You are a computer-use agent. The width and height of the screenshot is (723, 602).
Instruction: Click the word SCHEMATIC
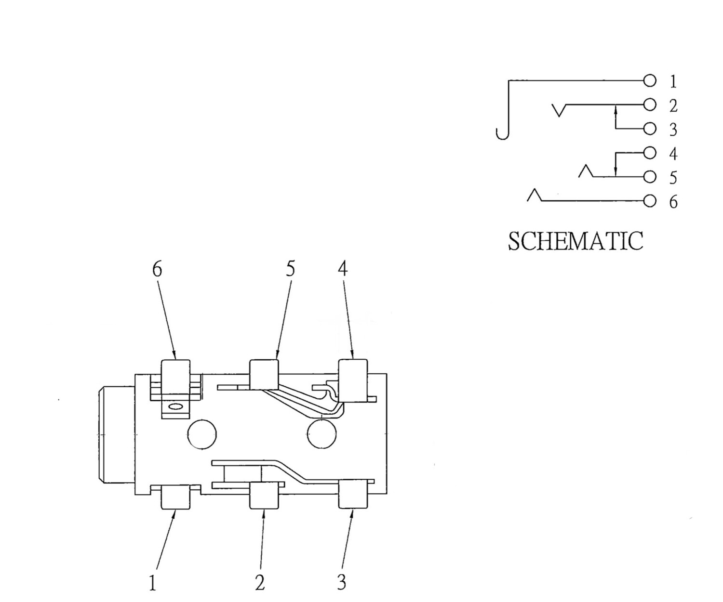tap(575, 241)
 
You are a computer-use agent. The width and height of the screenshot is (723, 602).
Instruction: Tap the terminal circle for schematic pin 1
tap(650, 81)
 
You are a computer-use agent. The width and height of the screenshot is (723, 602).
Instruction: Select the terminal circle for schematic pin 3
tap(650, 129)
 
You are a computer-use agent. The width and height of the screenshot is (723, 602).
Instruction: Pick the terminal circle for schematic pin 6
tap(650, 201)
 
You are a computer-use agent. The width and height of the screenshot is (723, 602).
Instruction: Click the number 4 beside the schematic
tap(673, 154)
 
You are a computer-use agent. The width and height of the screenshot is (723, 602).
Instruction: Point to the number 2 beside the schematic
tap(673, 105)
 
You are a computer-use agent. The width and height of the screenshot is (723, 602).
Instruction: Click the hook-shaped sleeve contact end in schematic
tap(502, 134)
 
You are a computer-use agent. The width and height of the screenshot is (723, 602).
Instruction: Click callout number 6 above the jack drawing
tap(157, 269)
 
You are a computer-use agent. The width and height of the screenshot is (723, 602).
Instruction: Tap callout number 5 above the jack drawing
tap(290, 269)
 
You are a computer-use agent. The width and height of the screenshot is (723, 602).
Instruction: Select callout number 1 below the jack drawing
tap(153, 583)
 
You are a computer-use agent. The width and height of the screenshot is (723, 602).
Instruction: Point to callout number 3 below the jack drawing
tap(341, 582)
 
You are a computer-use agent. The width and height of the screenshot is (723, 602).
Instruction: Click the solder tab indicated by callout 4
tap(353, 380)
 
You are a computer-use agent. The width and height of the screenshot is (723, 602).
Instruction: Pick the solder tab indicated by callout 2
tap(264, 497)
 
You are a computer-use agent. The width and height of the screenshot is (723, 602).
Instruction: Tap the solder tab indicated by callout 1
tap(175, 497)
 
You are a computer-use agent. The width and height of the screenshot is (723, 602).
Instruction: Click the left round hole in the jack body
tap(201, 434)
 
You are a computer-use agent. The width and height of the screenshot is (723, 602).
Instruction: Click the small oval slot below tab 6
tap(176, 407)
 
